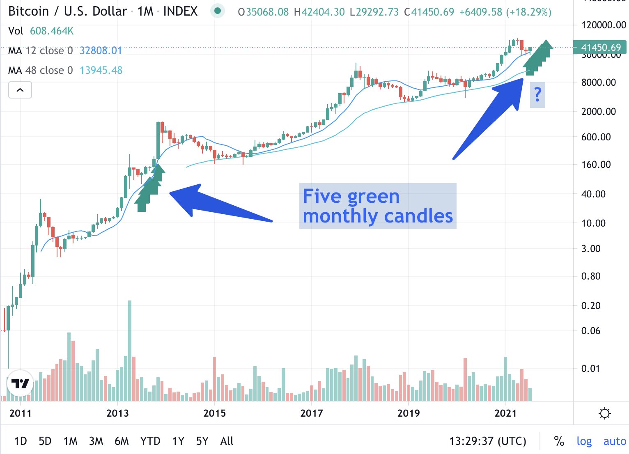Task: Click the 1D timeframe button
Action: pos(21,441)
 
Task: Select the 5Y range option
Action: pos(202,441)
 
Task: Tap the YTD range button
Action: pos(150,441)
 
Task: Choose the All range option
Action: pos(227,441)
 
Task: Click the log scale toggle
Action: pos(584,441)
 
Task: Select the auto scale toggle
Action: pos(615,441)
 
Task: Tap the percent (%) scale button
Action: pos(559,441)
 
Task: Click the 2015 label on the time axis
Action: pos(214,413)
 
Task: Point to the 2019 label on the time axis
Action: pos(409,413)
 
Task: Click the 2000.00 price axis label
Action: pos(599,111)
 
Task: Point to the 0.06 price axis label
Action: pos(591,331)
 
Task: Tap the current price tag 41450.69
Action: pos(601,48)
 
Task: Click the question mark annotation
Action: pos(537,95)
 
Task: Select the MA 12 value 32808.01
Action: pos(101,50)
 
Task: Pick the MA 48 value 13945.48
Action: pos(101,70)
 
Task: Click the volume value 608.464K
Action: pos(52,31)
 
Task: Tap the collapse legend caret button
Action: pos(20,90)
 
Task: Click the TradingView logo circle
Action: pos(20,383)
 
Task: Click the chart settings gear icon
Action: pos(605,413)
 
